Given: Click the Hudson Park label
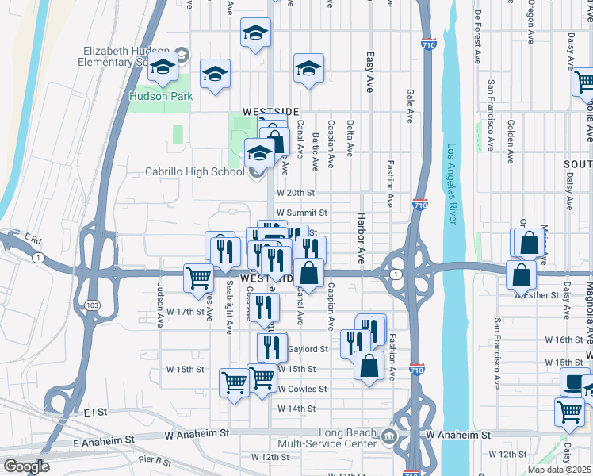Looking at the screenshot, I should point(150,96).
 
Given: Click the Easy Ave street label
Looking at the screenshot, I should point(369,72).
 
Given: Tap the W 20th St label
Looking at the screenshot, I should point(296,193).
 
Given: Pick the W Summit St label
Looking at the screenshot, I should point(300,213).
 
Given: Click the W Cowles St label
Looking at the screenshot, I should point(302,389).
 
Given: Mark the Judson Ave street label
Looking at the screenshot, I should point(160,298).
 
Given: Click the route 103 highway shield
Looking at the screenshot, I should point(94,305).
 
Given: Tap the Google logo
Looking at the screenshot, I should point(27,466).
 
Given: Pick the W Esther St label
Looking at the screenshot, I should point(537,295).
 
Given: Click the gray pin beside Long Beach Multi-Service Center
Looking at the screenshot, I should point(389,436).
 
